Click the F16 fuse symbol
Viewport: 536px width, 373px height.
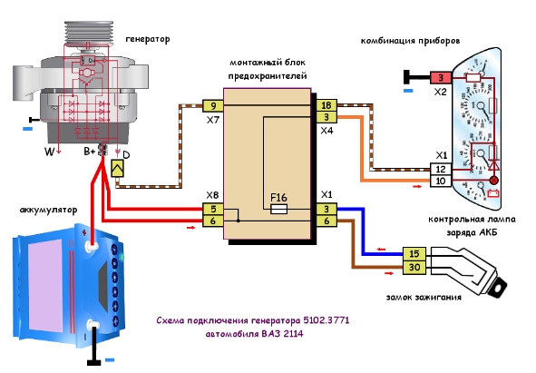[278, 209]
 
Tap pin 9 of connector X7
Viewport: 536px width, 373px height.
[213, 106]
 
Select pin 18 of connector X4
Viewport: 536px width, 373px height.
[326, 105]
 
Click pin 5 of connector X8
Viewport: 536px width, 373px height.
[213, 209]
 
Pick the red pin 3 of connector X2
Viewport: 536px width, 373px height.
[441, 78]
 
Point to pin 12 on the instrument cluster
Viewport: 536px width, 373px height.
[440, 169]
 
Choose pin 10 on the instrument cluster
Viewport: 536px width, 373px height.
[440, 181]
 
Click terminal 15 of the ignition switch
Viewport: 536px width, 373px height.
[414, 254]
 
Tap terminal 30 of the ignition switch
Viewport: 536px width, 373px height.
[414, 267]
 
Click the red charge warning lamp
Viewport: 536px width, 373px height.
[494, 180]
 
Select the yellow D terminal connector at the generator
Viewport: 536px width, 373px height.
[117, 169]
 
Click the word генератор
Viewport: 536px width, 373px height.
[148, 39]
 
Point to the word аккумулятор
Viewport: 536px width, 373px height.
[49, 210]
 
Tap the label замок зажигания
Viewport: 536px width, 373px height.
[424, 297]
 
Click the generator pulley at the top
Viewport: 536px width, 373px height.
[89, 32]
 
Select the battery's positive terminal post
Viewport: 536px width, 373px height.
[91, 245]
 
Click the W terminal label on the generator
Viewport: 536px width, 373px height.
[49, 152]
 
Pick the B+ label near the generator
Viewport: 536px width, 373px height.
[90, 152]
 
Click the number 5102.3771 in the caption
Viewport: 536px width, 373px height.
[326, 320]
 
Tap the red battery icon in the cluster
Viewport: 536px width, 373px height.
[492, 193]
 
